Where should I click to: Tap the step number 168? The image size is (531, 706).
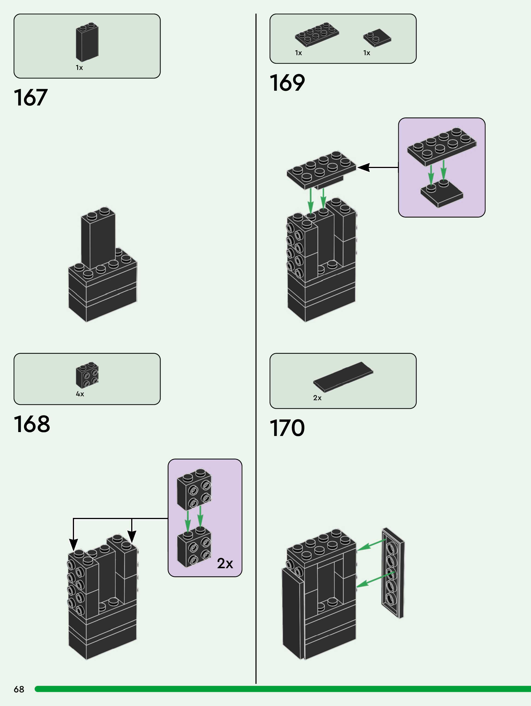coord(32,424)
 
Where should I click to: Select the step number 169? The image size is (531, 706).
coord(287,83)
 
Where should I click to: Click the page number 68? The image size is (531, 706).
coord(19,689)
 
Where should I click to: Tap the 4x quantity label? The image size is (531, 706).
coord(80,394)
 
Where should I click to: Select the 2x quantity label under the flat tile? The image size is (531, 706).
coord(317,398)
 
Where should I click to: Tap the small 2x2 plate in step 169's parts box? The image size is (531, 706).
coord(377,38)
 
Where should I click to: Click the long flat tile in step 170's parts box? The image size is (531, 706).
coord(343,377)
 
